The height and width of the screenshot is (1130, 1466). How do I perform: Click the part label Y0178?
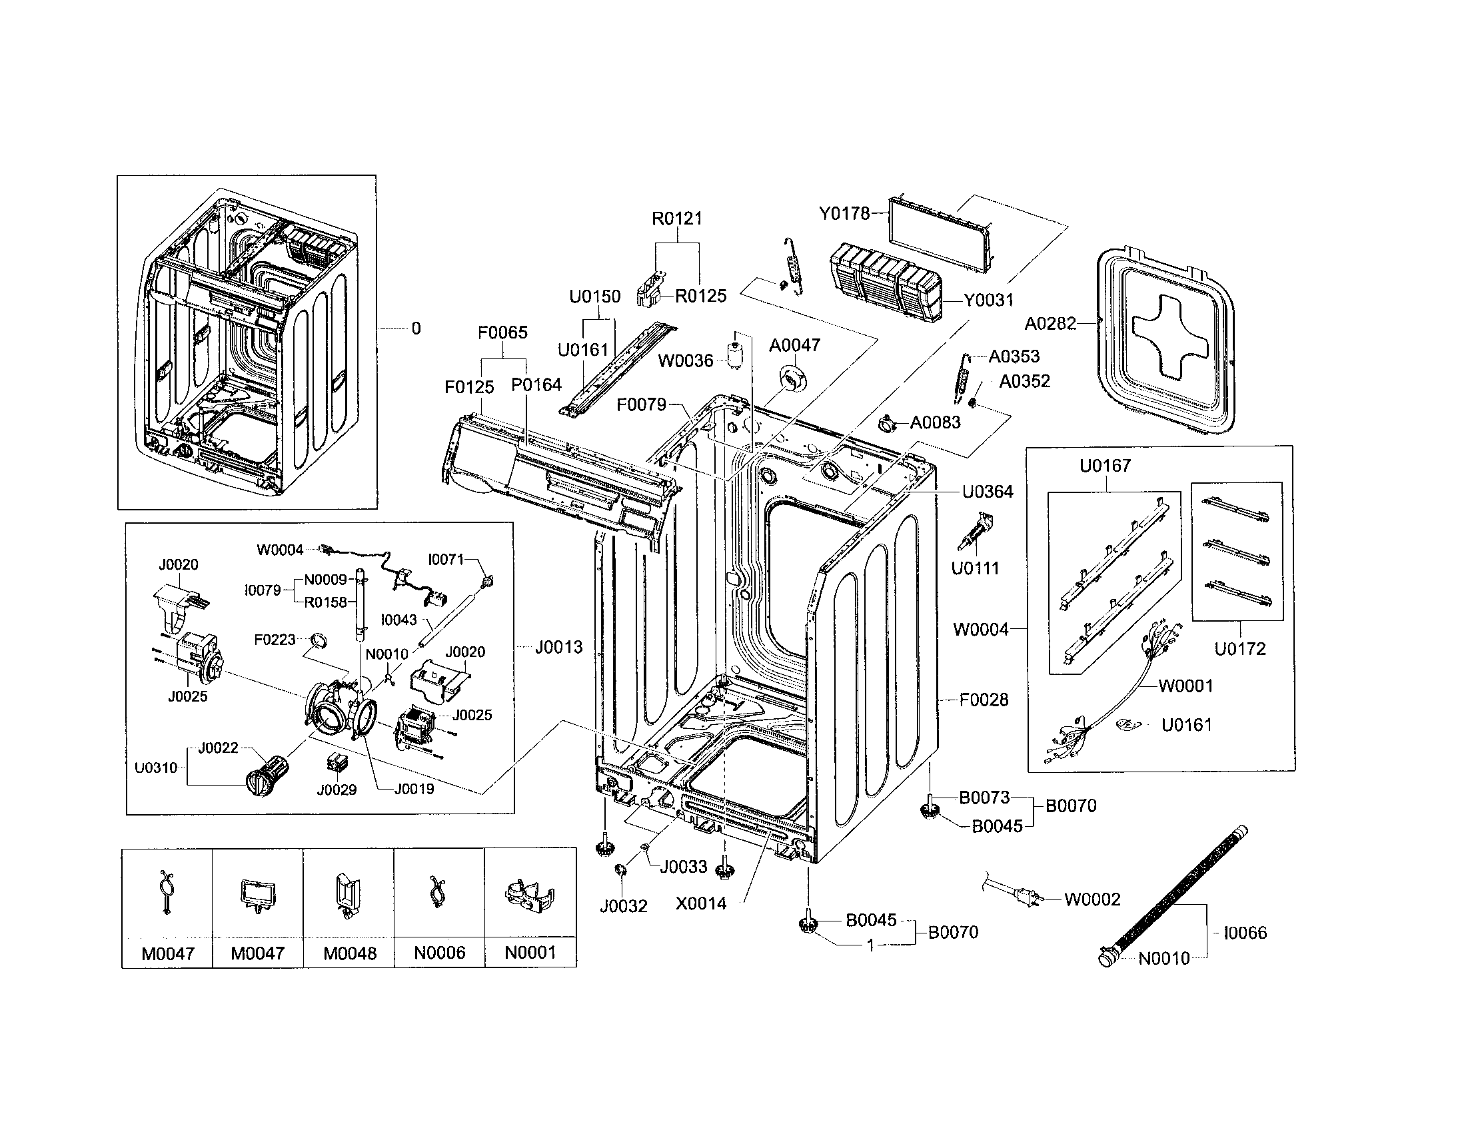(x=844, y=214)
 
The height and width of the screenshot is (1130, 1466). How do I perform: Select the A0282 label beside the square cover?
(x=1050, y=324)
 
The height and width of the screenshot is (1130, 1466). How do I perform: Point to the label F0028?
(x=984, y=700)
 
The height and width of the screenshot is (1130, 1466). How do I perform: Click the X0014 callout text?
(x=701, y=904)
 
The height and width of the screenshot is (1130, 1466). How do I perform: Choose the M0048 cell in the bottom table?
(x=350, y=953)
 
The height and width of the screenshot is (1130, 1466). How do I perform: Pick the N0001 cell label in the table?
(x=530, y=953)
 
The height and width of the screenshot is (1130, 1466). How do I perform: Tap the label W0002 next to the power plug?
(x=1092, y=899)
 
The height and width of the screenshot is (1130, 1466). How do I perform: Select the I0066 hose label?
(x=1245, y=933)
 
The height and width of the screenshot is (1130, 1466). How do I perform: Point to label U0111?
(x=975, y=568)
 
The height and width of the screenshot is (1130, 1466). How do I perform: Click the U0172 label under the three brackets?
(x=1240, y=649)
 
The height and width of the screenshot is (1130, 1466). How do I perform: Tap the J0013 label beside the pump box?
(x=558, y=648)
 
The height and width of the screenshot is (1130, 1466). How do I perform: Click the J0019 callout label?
(x=414, y=789)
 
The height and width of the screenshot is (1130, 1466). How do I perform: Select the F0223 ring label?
(x=275, y=640)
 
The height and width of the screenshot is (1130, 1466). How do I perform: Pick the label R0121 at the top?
(x=676, y=219)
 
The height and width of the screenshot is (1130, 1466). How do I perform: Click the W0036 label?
(x=685, y=361)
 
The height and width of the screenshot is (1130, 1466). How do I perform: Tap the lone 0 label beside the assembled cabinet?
(x=416, y=328)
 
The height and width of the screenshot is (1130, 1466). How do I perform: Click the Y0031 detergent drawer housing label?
(x=989, y=300)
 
